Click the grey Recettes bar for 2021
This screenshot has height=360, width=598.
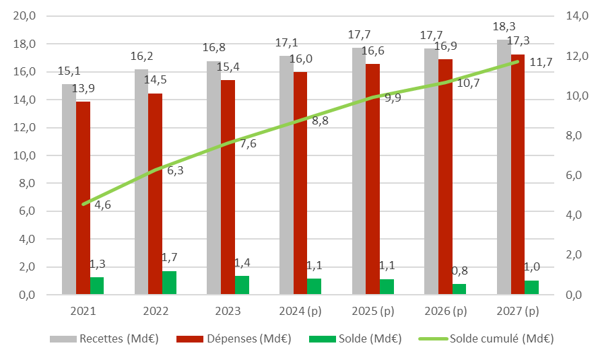click(x=69, y=189)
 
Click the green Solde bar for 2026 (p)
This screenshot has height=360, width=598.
click(x=459, y=289)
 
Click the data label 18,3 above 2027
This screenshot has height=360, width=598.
click(x=505, y=28)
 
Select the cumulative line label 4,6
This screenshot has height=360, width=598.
click(x=102, y=205)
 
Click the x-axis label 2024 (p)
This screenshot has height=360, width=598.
click(x=301, y=312)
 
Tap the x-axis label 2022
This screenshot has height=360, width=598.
click(x=156, y=312)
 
